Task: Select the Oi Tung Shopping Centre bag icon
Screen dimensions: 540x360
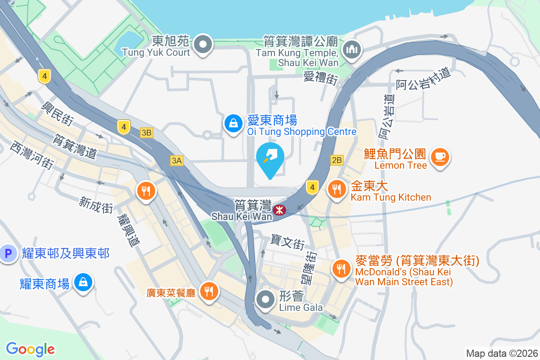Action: click(x=234, y=123)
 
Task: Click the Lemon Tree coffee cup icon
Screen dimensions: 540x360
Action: click(x=440, y=157)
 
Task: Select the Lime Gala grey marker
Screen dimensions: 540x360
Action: click(x=266, y=299)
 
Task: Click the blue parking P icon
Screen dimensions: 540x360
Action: click(x=8, y=254)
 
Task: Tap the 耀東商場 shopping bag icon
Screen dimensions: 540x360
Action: click(x=83, y=283)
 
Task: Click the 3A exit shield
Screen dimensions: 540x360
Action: click(x=177, y=161)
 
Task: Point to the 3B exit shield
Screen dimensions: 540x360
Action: click(x=146, y=133)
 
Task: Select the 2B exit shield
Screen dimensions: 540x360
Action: click(x=337, y=160)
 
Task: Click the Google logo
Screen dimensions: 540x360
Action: click(x=30, y=349)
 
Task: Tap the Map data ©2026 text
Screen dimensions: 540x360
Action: click(x=501, y=353)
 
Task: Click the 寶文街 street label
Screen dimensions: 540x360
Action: click(x=288, y=242)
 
